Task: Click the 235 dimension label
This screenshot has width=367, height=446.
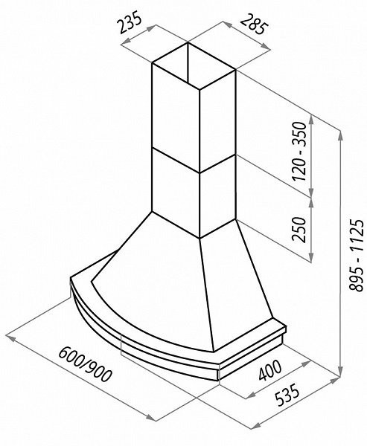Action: pyautogui.click(x=130, y=22)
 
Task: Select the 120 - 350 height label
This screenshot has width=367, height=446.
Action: pyautogui.click(x=299, y=151)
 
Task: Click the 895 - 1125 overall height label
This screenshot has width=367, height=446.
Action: pyautogui.click(x=356, y=254)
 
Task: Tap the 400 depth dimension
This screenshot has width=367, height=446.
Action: pyautogui.click(x=269, y=370)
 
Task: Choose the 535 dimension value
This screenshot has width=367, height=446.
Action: pyautogui.click(x=287, y=395)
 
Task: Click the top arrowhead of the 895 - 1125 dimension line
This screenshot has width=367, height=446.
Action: pyautogui.click(x=340, y=136)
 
